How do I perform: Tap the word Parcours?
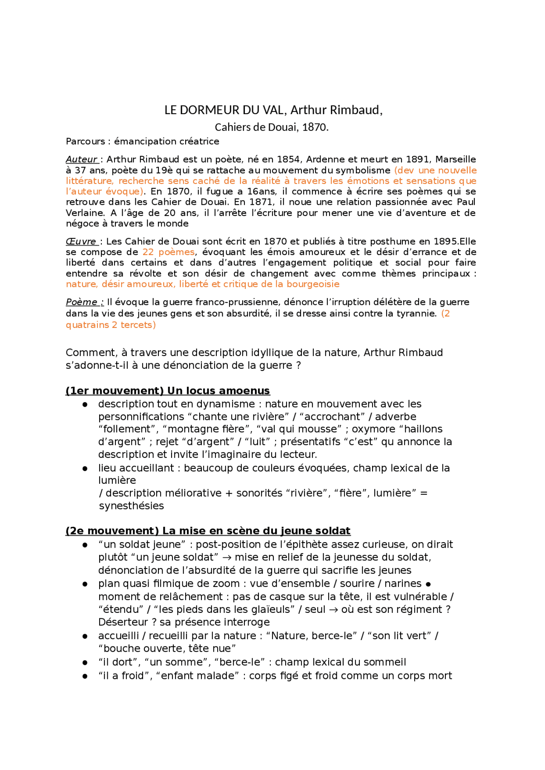coord(85,141)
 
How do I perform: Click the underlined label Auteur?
coord(82,160)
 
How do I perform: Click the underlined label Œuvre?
coord(81,241)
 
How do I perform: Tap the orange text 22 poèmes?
coord(168,252)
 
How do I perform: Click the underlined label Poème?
coord(83,302)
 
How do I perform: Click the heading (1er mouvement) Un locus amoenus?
coord(168,391)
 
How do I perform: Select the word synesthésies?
coord(131,506)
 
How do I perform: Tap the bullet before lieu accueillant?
coord(85,468)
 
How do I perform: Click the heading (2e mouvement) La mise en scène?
coord(208,531)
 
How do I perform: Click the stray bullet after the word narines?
coord(428,584)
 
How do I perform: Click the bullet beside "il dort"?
coord(85,663)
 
